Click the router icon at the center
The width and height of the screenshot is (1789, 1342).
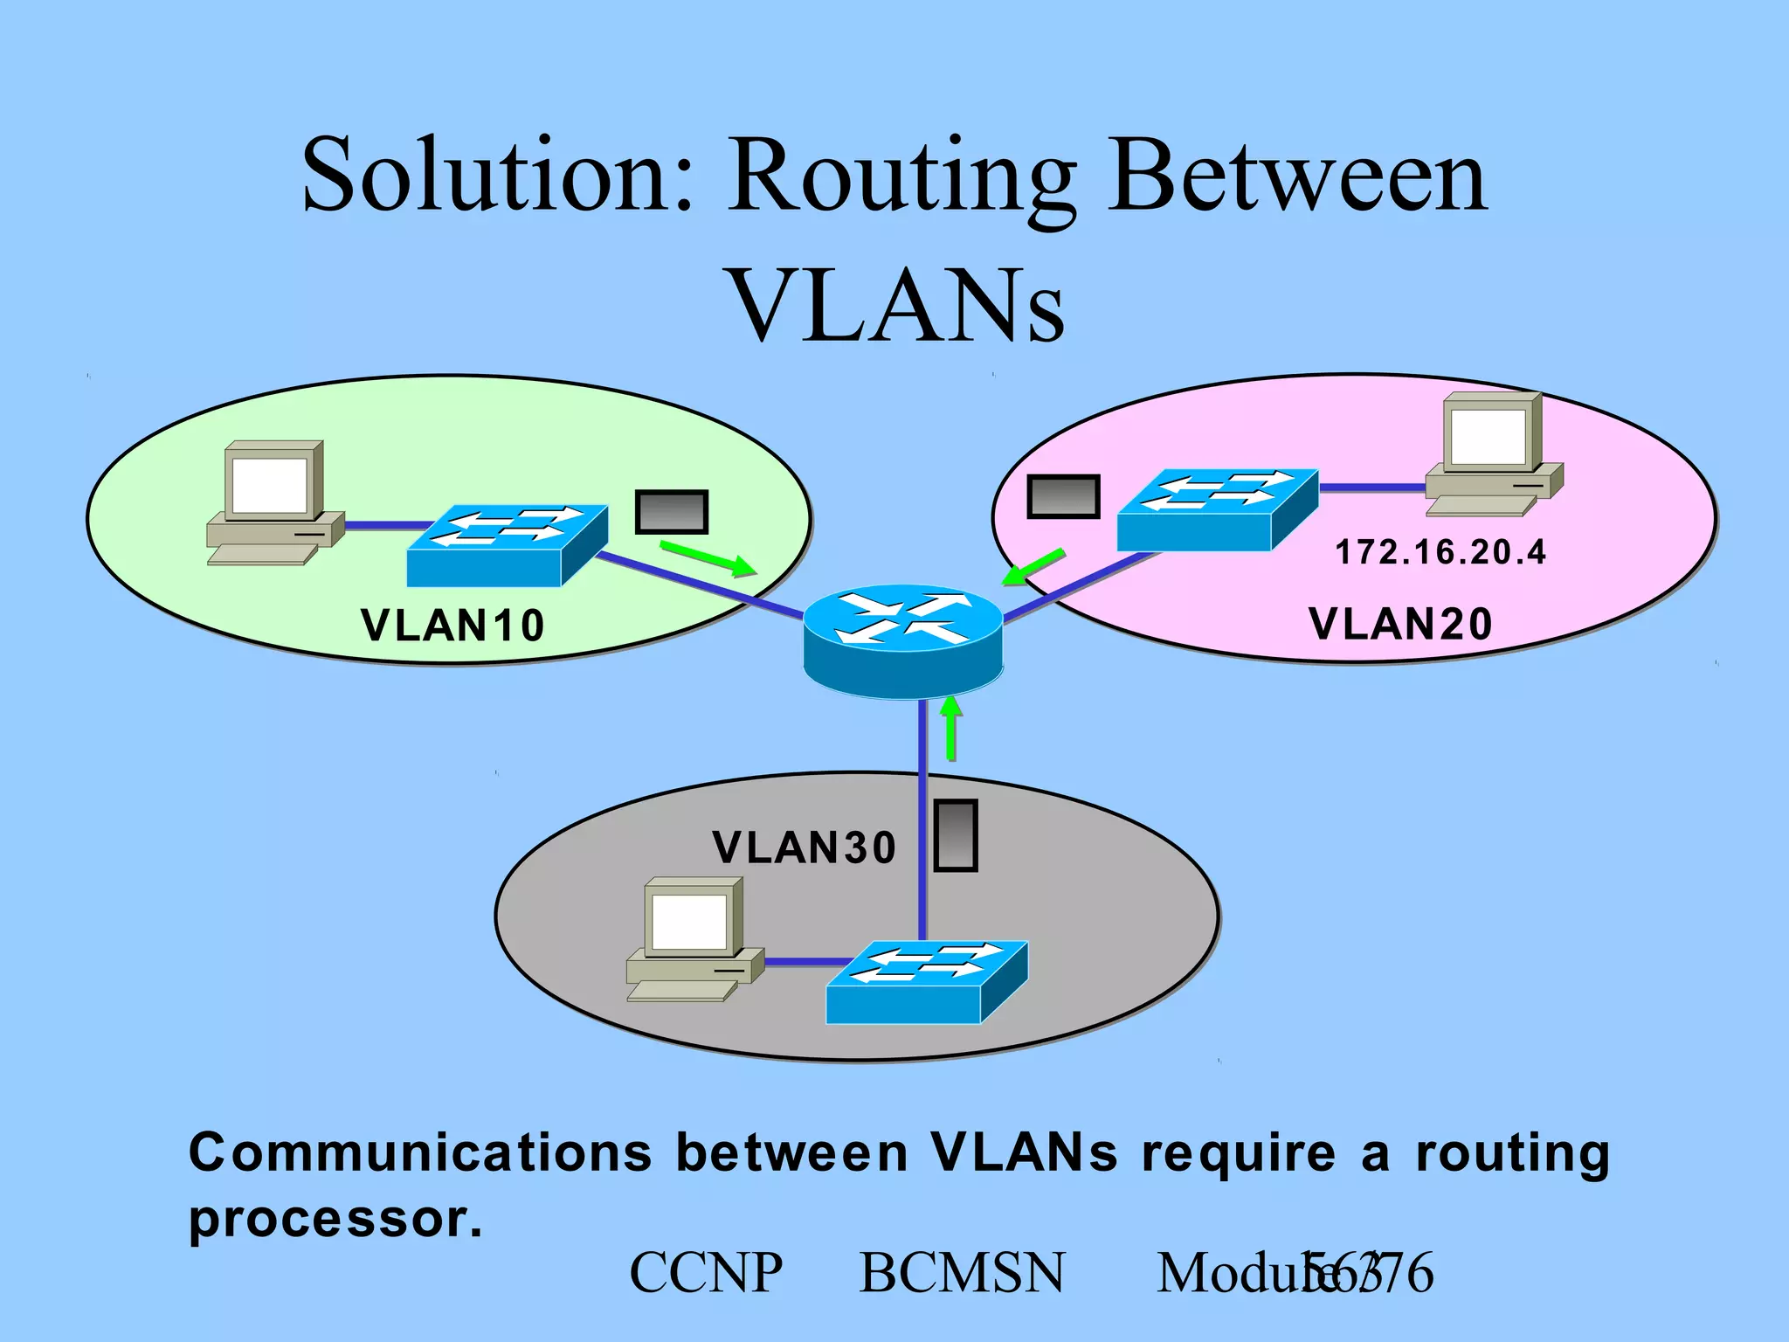(903, 640)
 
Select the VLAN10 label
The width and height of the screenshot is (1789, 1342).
(452, 626)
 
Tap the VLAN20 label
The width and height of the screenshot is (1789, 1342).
(1401, 624)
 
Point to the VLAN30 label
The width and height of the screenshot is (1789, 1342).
(805, 847)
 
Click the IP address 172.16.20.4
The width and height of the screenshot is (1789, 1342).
(1440, 552)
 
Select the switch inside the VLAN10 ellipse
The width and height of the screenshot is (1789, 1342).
(507, 545)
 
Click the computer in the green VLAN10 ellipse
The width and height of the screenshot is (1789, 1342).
(274, 503)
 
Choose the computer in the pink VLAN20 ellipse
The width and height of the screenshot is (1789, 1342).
(1493, 453)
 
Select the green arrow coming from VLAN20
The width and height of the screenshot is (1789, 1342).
(1033, 567)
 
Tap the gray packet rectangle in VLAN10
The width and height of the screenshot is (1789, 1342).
(671, 511)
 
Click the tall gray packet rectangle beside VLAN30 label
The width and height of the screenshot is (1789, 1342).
(956, 835)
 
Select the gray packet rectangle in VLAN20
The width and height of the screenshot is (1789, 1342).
(1062, 496)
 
